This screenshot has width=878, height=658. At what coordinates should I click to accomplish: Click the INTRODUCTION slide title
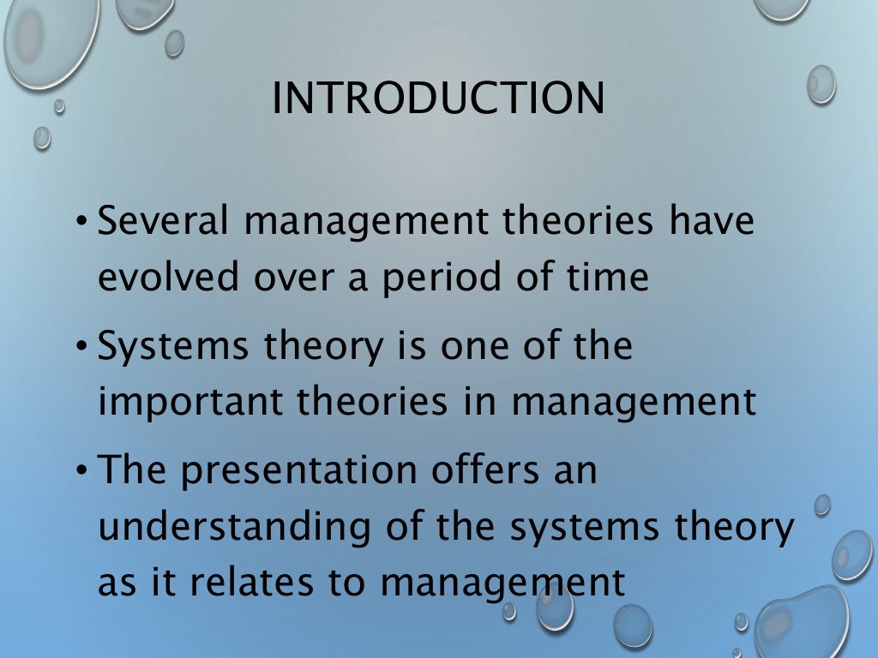tap(438, 99)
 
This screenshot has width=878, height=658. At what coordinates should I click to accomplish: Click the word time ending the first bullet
tap(608, 279)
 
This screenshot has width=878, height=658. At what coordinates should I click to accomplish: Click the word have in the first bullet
tap(713, 223)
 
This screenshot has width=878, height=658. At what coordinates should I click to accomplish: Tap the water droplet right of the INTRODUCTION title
tap(821, 85)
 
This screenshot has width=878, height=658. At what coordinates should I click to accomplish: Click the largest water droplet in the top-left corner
tap(38, 39)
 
